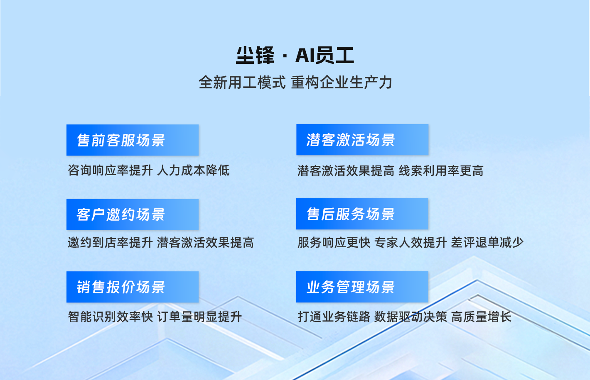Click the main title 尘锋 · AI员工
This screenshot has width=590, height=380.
[295, 55]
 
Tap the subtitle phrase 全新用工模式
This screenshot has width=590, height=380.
[242, 82]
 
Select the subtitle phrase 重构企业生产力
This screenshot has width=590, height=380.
[342, 82]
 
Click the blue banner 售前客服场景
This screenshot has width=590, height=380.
[133, 140]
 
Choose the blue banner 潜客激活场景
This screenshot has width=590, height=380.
[362, 139]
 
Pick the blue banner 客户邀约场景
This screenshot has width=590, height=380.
[133, 214]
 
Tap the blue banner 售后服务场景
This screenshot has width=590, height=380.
[362, 214]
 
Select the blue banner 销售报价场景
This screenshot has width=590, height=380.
[133, 287]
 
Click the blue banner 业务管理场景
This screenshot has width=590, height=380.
[362, 287]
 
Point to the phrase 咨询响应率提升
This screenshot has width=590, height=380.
[111, 171]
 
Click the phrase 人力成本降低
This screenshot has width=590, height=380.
[193, 171]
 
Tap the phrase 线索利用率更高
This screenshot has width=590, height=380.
[441, 171]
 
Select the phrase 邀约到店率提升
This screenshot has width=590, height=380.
[111, 242]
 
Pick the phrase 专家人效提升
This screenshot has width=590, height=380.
[411, 242]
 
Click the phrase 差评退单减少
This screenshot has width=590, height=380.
[487, 242]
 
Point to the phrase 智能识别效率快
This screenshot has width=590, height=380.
[111, 317]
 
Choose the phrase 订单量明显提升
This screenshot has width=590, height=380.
[199, 317]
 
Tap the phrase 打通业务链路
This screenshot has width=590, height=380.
[334, 317]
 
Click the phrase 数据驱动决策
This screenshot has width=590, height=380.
[411, 317]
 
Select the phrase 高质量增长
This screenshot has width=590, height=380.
[481, 317]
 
